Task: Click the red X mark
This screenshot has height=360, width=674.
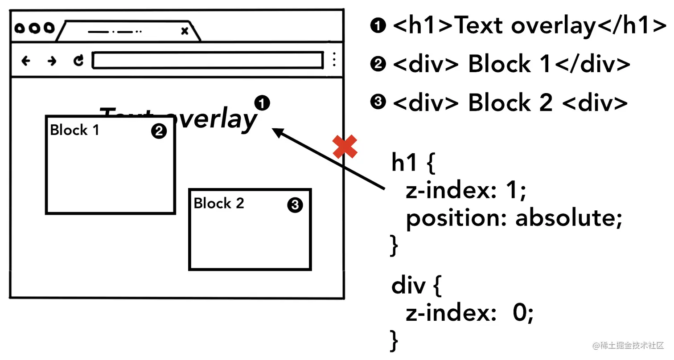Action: [345, 147]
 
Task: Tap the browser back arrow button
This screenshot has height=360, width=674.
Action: [26, 61]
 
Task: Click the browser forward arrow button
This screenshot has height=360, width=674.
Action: [52, 61]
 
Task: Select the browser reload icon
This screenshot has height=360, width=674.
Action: [78, 61]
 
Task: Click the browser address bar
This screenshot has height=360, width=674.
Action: [207, 61]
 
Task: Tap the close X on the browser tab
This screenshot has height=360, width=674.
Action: [185, 31]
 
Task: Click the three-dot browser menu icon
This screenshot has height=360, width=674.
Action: [334, 60]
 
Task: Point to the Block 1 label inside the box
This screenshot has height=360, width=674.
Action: [74, 130]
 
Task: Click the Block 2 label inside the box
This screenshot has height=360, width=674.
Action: [219, 203]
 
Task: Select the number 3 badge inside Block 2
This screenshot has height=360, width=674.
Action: [295, 205]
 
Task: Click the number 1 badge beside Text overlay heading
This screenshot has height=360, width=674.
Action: [262, 103]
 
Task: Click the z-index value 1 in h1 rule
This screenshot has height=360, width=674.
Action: [517, 192]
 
